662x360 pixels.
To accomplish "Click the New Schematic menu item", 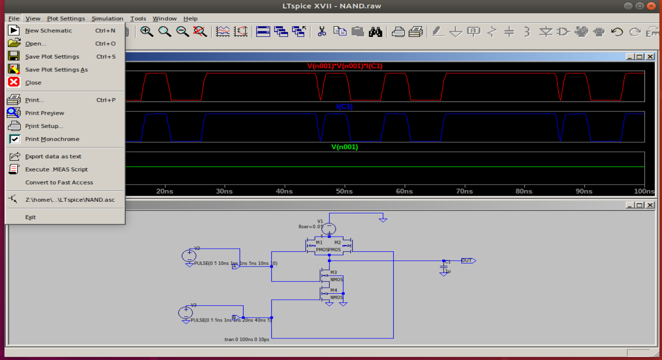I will [49, 31].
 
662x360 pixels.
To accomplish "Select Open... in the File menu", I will [36, 44].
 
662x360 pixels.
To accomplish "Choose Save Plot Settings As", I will [56, 70].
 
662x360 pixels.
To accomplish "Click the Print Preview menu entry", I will [44, 113].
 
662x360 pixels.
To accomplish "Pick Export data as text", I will [53, 157].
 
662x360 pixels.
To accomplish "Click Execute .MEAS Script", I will [56, 170].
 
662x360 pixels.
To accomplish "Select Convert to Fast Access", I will [59, 183].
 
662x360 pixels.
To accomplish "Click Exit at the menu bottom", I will [30, 217].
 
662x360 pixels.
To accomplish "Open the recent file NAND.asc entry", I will [70, 200].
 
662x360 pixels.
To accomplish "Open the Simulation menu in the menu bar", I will [107, 19].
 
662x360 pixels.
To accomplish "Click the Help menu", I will [191, 19].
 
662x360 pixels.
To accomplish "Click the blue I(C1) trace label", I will [345, 107].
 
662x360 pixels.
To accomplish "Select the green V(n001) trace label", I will [345, 147].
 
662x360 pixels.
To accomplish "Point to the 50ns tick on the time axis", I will [344, 192].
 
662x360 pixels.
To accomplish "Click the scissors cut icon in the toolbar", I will [321, 32].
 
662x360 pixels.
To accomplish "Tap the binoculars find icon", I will [375, 32].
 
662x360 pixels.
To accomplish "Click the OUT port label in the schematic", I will [467, 261].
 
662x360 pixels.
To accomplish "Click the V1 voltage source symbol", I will [329, 229].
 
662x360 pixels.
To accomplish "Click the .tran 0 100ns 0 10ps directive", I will [246, 340].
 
